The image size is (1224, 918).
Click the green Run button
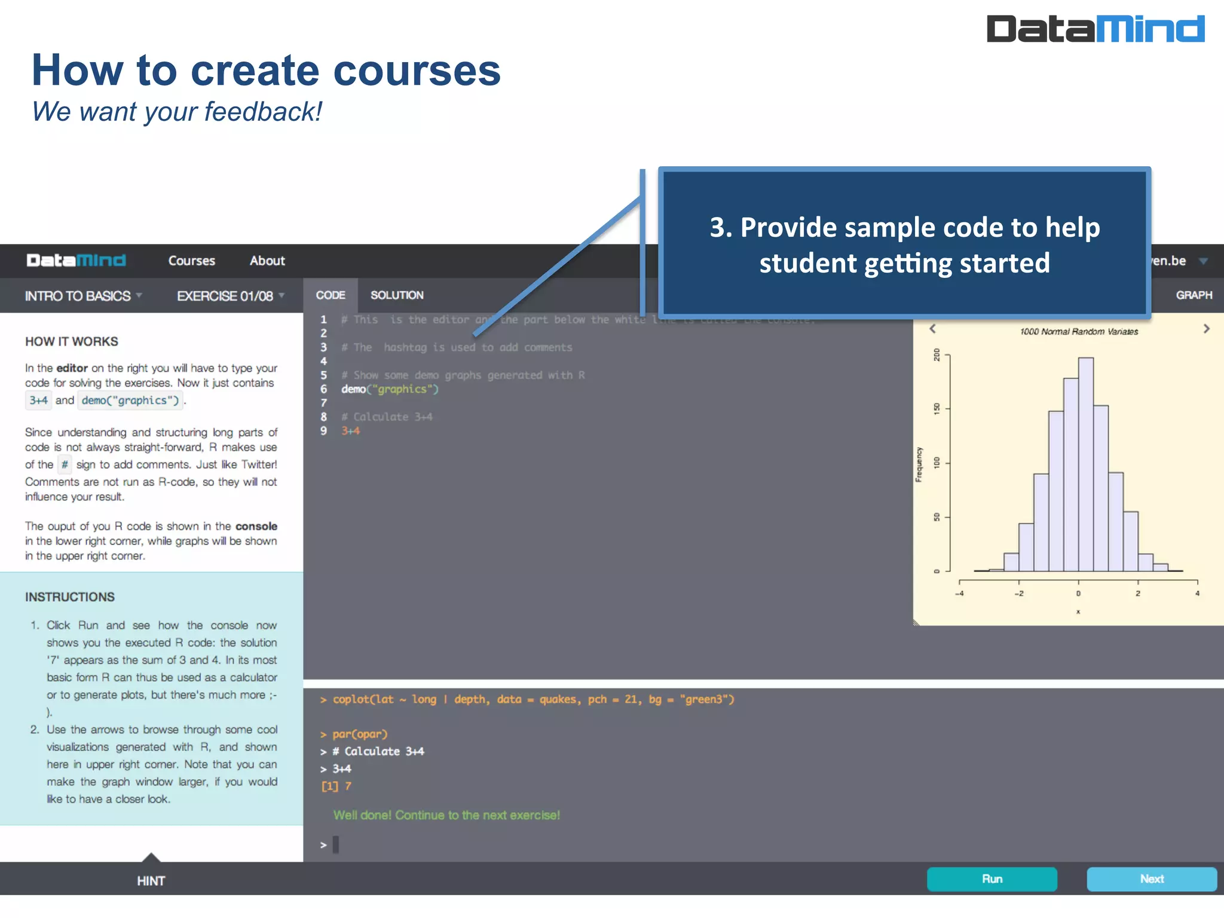[992, 879]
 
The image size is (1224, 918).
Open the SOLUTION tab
[397, 295]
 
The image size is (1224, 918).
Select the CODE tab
[331, 295]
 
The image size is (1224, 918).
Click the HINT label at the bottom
[151, 880]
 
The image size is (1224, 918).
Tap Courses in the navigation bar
[191, 261]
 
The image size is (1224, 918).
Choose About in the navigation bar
[267, 261]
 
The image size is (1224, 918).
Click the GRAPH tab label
[1194, 295]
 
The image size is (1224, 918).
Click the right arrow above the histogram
[1206, 329]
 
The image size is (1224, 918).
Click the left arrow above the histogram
[932, 329]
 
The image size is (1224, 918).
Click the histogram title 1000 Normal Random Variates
[1079, 332]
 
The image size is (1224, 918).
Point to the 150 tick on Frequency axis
[937, 409]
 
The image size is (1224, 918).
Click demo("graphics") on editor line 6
[390, 389]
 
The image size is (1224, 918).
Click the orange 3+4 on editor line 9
[350, 431]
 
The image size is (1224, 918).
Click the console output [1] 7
[336, 786]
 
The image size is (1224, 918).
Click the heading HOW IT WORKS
[72, 341]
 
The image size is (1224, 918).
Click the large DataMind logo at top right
[1095, 29]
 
